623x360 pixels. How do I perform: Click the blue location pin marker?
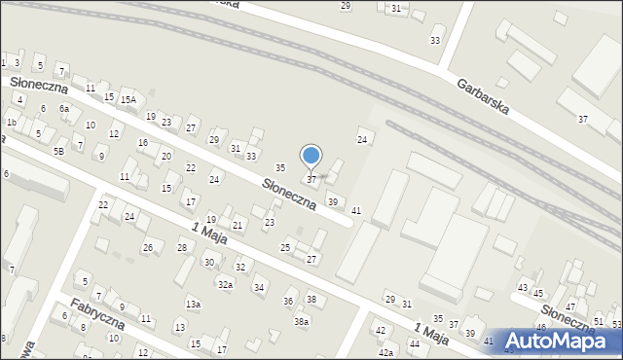pos(311,156)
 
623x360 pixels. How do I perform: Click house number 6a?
pos(64,109)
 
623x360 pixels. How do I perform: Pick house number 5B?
pos(58,151)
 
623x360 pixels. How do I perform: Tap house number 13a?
pos(194,305)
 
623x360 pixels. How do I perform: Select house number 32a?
pos(225,284)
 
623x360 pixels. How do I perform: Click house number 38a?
pos(302,322)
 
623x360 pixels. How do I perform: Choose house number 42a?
pos(385,352)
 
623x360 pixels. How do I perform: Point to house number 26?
pos(148,248)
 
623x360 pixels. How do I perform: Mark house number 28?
pos(182,248)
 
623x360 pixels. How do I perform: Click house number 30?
pos(208,263)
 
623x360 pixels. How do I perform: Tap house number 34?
pos(258,287)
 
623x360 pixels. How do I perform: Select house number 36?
pos(288,302)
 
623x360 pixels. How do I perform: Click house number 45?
pos(537,293)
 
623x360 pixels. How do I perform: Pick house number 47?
pos(570,306)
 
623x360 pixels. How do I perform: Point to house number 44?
pos(415,343)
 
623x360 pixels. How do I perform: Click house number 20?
pos(166,157)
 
